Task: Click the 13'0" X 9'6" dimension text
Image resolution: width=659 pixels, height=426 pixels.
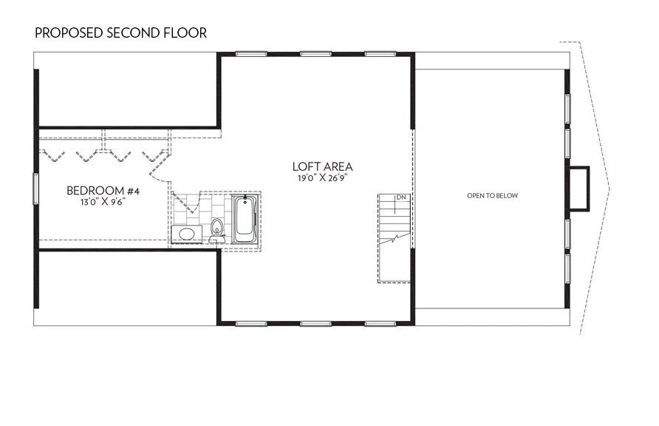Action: [103, 202]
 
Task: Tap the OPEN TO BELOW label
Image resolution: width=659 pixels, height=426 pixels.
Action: [492, 196]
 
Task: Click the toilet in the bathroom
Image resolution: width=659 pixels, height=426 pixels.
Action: [217, 229]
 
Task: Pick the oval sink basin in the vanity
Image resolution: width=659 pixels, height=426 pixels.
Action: [186, 234]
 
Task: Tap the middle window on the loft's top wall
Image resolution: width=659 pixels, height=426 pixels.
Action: [315, 53]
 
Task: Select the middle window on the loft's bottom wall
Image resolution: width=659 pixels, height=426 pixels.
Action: [315, 323]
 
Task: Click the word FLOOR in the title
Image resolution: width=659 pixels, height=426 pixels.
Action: [186, 33]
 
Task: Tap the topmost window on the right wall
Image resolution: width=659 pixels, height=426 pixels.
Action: [567, 108]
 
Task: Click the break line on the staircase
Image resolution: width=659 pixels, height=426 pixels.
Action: [398, 239]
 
